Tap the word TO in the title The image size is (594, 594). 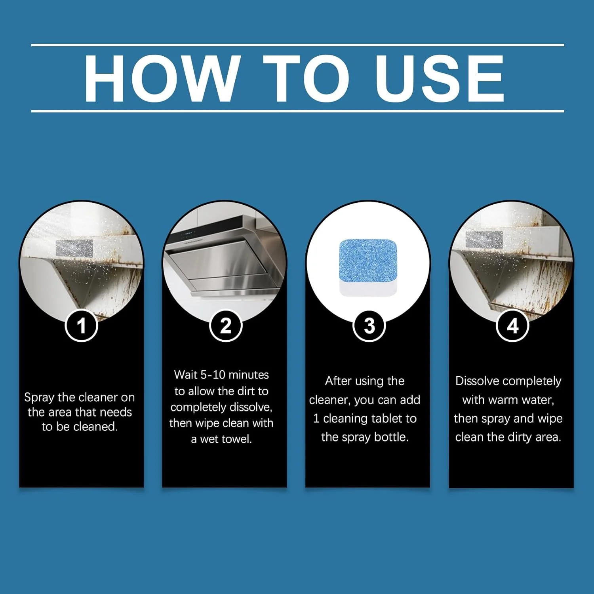[x=307, y=78]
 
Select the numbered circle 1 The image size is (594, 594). [x=81, y=326]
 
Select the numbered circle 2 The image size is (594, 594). [x=226, y=326]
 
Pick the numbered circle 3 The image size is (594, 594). [x=369, y=326]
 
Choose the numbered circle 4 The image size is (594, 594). [x=513, y=326]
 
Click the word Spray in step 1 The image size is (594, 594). [x=39, y=398]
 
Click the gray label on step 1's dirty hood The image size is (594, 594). [x=74, y=248]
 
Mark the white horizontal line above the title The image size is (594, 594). [x=298, y=45]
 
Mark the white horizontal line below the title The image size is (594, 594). [x=298, y=111]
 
